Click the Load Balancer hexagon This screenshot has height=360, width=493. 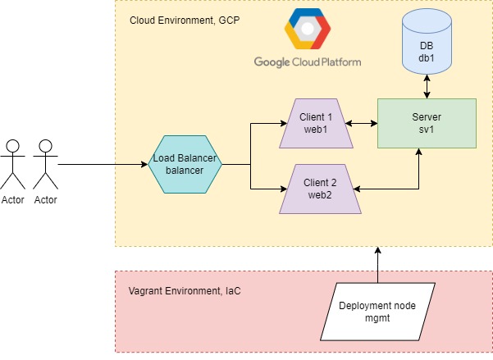click(186, 164)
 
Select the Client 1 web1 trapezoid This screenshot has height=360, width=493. click(316, 124)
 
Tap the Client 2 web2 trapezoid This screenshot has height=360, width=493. click(316, 189)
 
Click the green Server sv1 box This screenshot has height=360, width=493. click(426, 124)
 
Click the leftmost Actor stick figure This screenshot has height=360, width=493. click(11, 164)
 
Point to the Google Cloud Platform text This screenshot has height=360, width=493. click(307, 62)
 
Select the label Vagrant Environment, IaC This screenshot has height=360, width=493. click(179, 290)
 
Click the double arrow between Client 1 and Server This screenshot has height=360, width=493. click(364, 125)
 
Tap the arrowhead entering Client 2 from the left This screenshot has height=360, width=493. click(277, 189)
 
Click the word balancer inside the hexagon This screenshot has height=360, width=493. click(186, 171)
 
